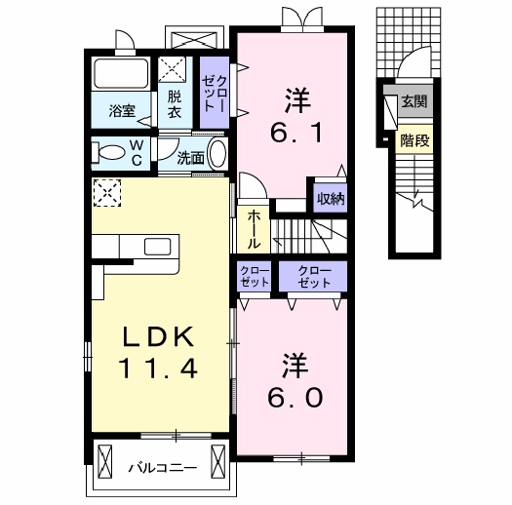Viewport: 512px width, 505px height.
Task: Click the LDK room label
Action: click(x=158, y=337)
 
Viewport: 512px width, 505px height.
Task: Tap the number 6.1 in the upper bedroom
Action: click(x=296, y=134)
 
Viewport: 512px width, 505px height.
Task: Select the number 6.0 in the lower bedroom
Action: click(x=295, y=398)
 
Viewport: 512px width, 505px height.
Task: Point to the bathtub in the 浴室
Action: click(x=121, y=73)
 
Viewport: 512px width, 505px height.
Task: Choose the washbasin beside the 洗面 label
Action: click(x=217, y=154)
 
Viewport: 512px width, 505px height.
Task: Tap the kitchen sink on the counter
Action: click(x=158, y=247)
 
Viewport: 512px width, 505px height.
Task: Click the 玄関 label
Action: click(x=414, y=101)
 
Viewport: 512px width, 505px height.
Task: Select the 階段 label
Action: click(x=414, y=140)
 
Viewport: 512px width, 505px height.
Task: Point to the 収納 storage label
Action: click(x=331, y=198)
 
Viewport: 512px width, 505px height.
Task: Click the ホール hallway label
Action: click(x=254, y=229)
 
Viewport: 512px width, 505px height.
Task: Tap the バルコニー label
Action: click(x=162, y=468)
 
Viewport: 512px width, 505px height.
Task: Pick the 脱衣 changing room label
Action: click(x=175, y=104)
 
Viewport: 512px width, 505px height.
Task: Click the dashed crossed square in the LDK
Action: click(x=107, y=193)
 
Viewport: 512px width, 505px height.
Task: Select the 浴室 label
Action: click(x=122, y=111)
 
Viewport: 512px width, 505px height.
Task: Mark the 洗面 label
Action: click(x=191, y=158)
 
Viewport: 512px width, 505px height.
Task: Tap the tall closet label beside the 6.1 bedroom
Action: click(x=215, y=94)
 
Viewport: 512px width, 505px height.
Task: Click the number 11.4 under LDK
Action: click(x=159, y=369)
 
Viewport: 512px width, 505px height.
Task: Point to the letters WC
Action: click(x=137, y=152)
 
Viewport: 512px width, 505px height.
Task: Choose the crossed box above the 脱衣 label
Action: click(x=172, y=69)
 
